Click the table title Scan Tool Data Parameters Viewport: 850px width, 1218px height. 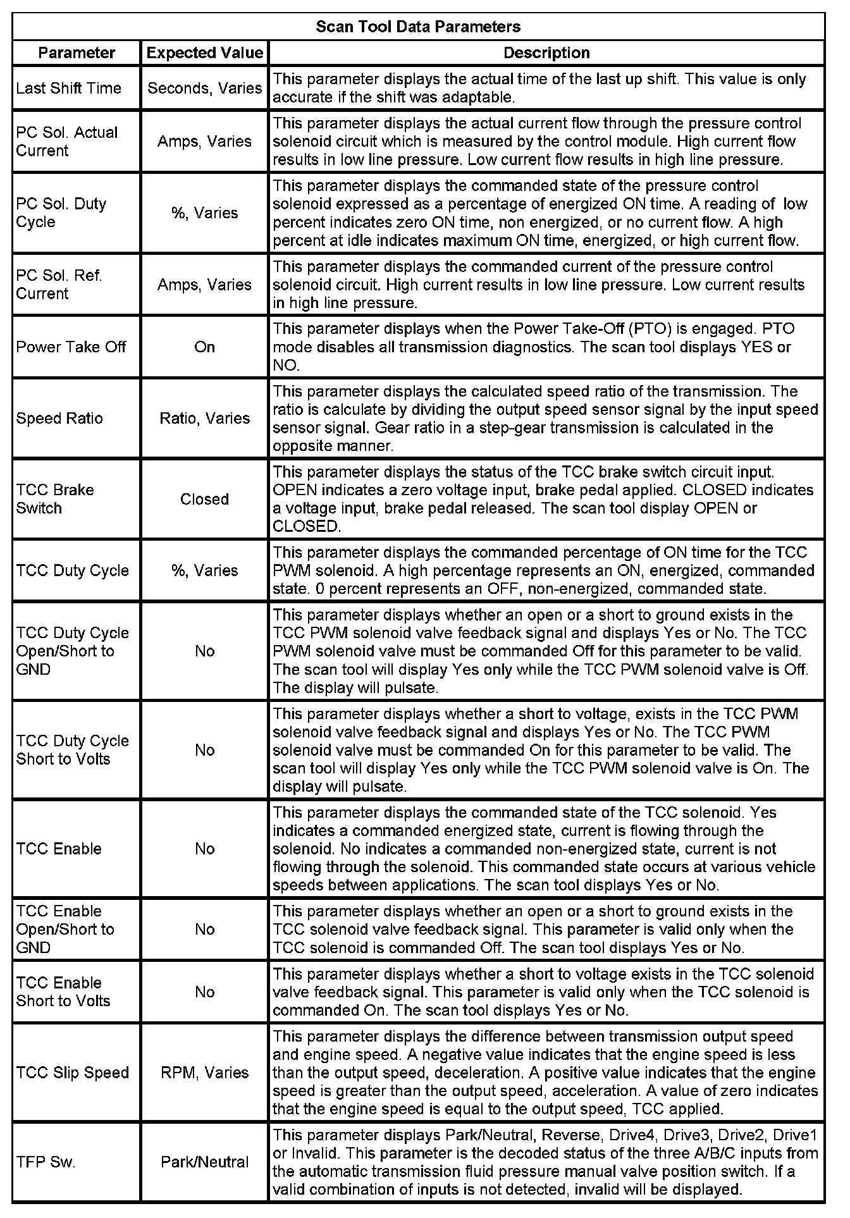tap(418, 27)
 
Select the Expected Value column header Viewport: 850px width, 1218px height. tap(204, 53)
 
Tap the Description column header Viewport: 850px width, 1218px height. tap(546, 53)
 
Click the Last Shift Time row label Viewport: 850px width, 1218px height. tap(68, 88)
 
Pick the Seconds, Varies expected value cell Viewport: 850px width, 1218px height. tap(204, 88)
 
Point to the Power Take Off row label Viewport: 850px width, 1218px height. tap(71, 347)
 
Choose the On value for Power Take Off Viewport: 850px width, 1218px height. tap(204, 347)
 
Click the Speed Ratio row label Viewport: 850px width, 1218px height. tap(59, 419)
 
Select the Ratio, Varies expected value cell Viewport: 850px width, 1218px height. tap(204, 419)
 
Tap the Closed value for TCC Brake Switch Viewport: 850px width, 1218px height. tap(204, 500)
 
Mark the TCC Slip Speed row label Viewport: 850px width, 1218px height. tap(72, 1073)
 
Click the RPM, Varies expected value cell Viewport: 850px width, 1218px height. tap(204, 1073)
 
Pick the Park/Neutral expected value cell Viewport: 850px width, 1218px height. tap(204, 1162)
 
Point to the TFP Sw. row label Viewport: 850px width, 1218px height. tap(46, 1162)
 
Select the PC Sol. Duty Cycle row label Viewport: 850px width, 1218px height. tap(61, 213)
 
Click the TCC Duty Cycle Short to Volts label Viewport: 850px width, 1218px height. tap(72, 750)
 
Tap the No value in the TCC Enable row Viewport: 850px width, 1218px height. tap(204, 849)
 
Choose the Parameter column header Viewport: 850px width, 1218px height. tap(77, 53)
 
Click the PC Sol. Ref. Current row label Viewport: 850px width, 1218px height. tap(59, 285)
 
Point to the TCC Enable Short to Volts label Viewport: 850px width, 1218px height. tap(63, 992)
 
